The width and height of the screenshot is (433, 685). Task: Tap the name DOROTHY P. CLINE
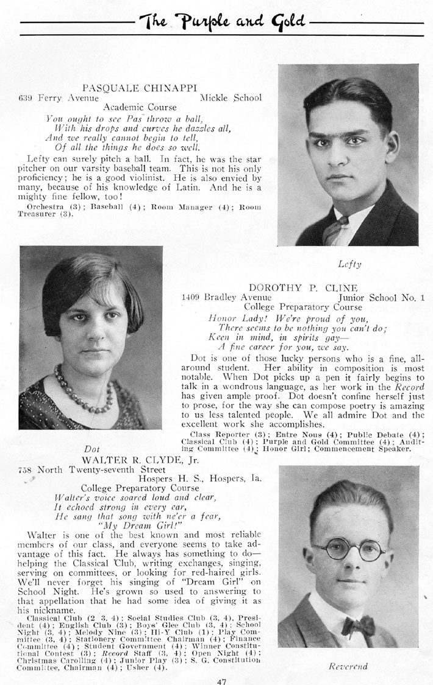pos(302,287)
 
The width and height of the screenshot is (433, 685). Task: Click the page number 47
pos(221,681)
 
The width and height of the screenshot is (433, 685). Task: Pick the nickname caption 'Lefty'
pos(349,264)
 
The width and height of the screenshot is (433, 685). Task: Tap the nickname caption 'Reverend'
pos(348,666)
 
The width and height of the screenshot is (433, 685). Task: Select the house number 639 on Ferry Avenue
pos(26,97)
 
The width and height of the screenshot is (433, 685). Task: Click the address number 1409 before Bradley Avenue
pos(192,298)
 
